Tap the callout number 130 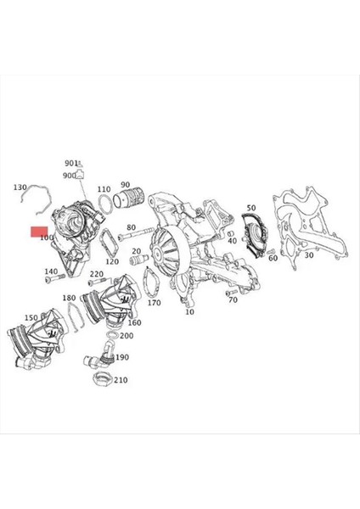pyautogui.click(x=20, y=187)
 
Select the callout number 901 pyautogui.click(x=70, y=162)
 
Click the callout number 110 pyautogui.click(x=104, y=189)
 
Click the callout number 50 pyautogui.click(x=250, y=208)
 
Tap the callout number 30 pyautogui.click(x=308, y=255)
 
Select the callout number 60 pyautogui.click(x=273, y=258)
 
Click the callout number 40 pyautogui.click(x=232, y=241)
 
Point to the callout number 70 pyautogui.click(x=232, y=300)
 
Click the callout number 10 pyautogui.click(x=188, y=312)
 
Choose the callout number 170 pyautogui.click(x=154, y=302)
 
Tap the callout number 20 pyautogui.click(x=136, y=252)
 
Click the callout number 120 pyautogui.click(x=112, y=262)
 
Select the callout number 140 pyautogui.click(x=51, y=272)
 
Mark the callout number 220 pyautogui.click(x=96, y=274)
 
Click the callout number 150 pyautogui.click(x=31, y=317)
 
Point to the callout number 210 pyautogui.click(x=120, y=380)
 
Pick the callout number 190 pyautogui.click(x=121, y=358)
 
